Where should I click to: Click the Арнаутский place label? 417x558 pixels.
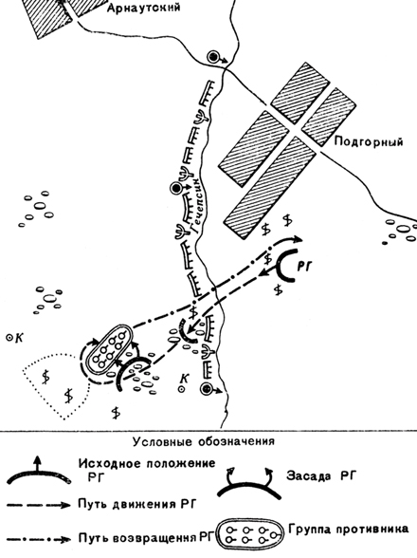point(144,8)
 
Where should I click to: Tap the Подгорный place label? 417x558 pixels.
point(369,141)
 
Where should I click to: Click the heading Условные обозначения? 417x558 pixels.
point(204,441)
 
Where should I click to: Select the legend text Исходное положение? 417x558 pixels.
point(147,463)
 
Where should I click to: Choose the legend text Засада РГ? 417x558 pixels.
point(320,475)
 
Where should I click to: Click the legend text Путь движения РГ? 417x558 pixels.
point(137,504)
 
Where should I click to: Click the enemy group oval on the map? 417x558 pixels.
point(110,351)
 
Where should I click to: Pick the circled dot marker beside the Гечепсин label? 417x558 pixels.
point(175,188)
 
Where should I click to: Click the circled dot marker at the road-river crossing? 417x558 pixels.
point(212,57)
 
